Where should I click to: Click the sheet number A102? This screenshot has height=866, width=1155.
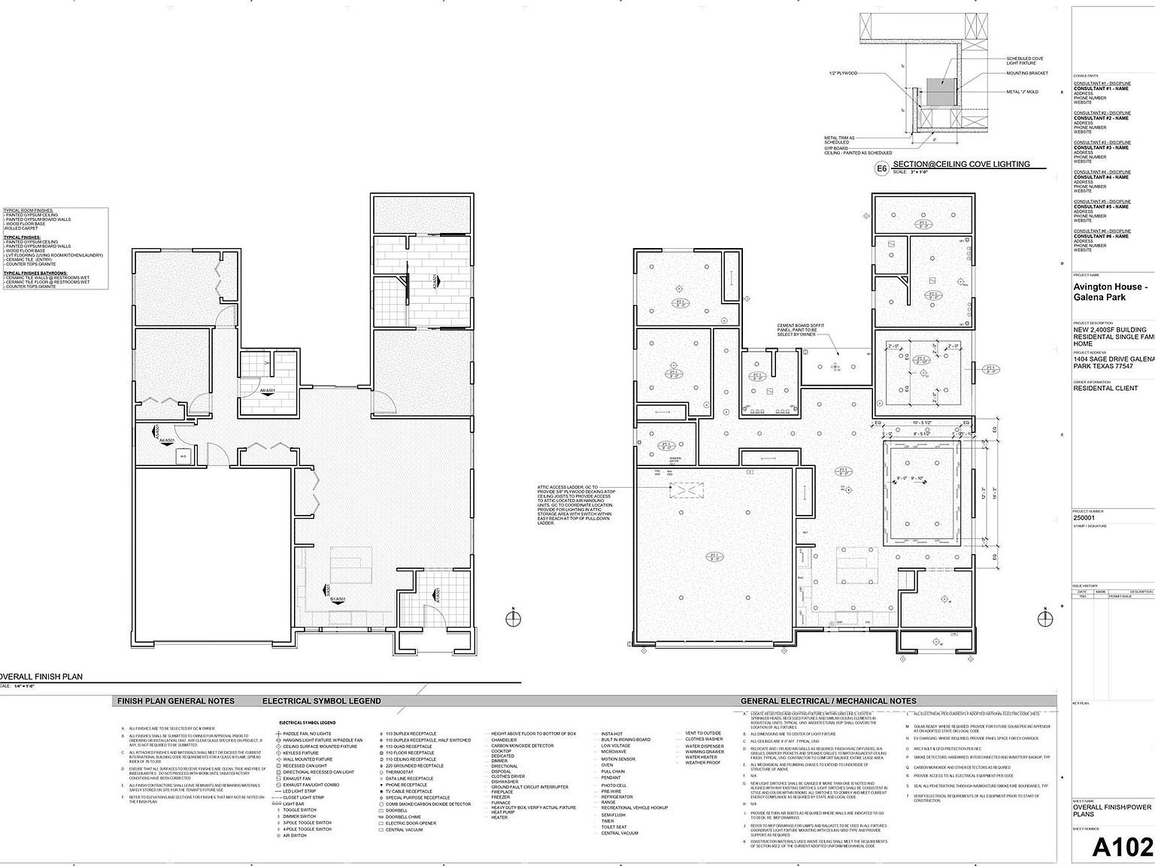click(1122, 847)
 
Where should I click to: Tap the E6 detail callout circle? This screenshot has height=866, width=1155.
click(882, 169)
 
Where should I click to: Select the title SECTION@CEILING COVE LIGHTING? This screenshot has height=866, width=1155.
click(961, 165)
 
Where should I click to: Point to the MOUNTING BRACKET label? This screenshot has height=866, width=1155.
click(1027, 74)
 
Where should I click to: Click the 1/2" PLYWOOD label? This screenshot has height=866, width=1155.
click(842, 74)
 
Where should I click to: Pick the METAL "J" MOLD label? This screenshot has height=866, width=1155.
click(1022, 92)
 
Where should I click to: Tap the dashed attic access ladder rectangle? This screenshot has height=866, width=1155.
click(686, 490)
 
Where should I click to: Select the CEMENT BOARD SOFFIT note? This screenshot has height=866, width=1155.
click(802, 330)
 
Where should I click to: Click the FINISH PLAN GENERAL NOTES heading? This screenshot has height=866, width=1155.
click(175, 701)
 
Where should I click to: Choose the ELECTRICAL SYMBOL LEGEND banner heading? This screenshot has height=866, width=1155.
click(321, 701)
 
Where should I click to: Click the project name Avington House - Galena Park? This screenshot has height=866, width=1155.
click(1110, 292)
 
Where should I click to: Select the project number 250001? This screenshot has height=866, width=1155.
click(1084, 518)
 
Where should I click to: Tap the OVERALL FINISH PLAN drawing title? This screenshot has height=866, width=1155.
click(41, 677)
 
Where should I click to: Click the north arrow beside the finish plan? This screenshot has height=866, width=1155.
click(514, 618)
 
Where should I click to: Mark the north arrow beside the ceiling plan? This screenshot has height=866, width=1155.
click(1045, 618)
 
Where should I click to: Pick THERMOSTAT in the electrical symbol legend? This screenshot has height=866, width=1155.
click(399, 772)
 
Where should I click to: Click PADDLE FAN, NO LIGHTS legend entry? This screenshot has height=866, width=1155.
click(307, 734)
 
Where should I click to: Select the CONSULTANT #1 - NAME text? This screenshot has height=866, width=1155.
click(1101, 89)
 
